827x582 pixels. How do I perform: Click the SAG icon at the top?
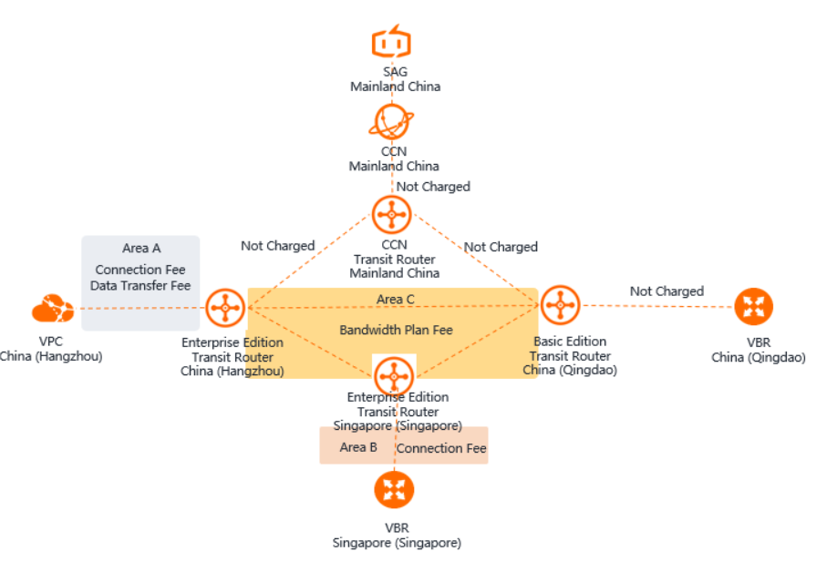coord(391,43)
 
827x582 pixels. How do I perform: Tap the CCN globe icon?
coord(392,122)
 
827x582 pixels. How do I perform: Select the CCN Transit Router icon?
coord(392,215)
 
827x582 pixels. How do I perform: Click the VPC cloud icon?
coord(53,310)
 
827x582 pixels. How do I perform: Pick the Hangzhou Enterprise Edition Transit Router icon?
coord(224,309)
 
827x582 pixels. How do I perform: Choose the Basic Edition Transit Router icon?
coord(560,306)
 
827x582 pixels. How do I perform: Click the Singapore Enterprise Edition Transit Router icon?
coord(394,374)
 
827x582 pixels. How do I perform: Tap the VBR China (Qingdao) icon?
coord(754,307)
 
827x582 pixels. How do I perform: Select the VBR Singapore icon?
coord(394,490)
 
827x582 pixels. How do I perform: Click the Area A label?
coord(141,249)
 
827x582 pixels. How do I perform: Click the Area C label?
coord(395,299)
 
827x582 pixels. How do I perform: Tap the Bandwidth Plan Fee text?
coord(396,330)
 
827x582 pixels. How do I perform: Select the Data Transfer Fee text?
coord(140,285)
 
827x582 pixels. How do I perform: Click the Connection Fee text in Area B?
coord(442,448)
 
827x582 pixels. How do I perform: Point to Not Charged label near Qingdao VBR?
coord(667,291)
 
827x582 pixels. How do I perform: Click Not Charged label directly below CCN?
coord(433,187)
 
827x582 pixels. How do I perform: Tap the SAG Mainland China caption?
coord(395,79)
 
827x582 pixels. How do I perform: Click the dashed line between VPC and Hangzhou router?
coord(137,308)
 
